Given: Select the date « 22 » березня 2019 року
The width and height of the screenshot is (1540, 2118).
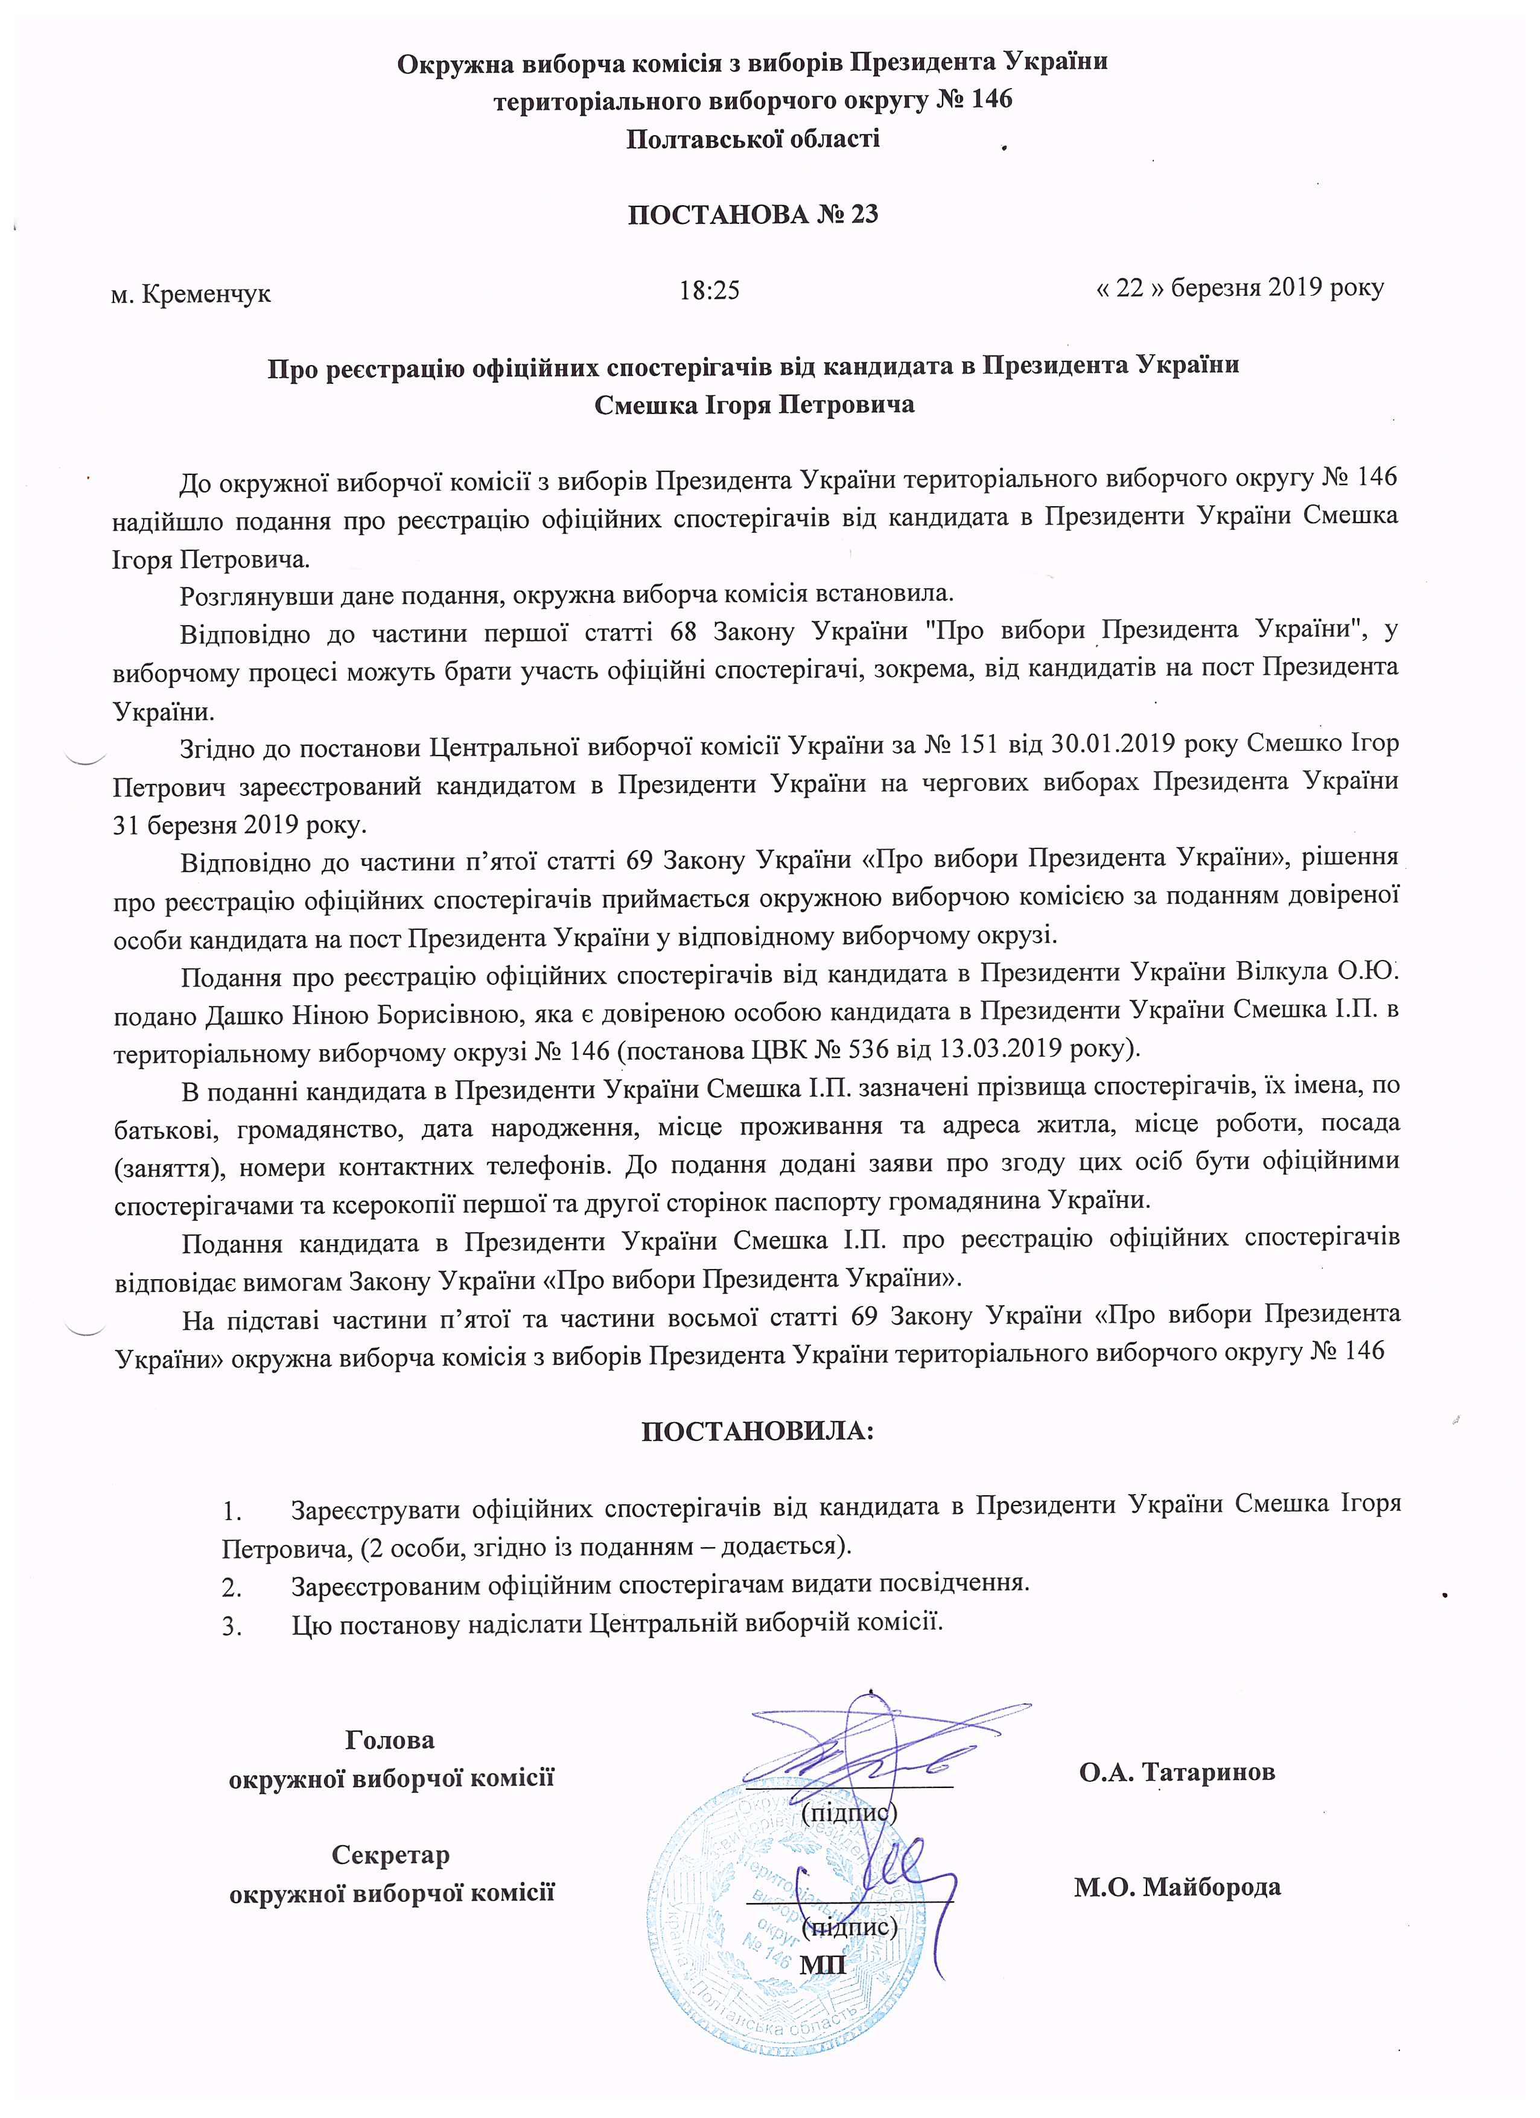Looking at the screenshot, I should tap(1239, 288).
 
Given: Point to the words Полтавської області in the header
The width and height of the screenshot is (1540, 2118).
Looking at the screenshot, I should tap(752, 140).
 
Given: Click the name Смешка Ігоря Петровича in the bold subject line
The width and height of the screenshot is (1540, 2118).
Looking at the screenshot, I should tap(754, 405).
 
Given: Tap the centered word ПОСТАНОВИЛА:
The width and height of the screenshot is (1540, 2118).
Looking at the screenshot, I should tap(757, 1431).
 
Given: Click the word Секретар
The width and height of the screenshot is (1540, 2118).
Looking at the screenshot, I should tap(391, 1854).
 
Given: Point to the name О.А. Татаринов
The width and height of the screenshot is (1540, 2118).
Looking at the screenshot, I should tap(1177, 1772).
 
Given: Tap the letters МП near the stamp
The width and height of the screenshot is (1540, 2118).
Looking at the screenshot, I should tap(822, 1964).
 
